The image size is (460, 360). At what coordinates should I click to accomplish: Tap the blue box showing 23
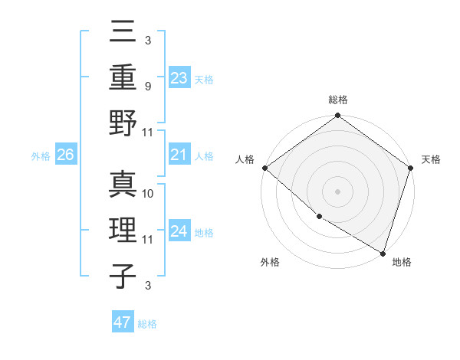pos(179,78)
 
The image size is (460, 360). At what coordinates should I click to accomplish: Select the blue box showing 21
pos(179,155)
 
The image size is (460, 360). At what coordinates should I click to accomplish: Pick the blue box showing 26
pos(65,155)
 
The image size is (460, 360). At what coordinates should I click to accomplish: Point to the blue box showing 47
pos(122,322)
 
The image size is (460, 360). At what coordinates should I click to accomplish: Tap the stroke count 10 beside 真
pos(149,194)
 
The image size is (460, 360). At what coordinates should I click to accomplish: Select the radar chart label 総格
pos(337,100)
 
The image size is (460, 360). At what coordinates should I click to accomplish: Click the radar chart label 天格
pos(431,159)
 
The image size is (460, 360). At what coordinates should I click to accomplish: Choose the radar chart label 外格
pos(270,262)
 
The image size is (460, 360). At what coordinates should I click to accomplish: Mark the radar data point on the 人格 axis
pos(264,168)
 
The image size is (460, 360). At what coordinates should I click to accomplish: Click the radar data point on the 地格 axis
pos(383,252)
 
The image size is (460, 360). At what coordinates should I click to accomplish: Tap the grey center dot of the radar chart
pos(337,191)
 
